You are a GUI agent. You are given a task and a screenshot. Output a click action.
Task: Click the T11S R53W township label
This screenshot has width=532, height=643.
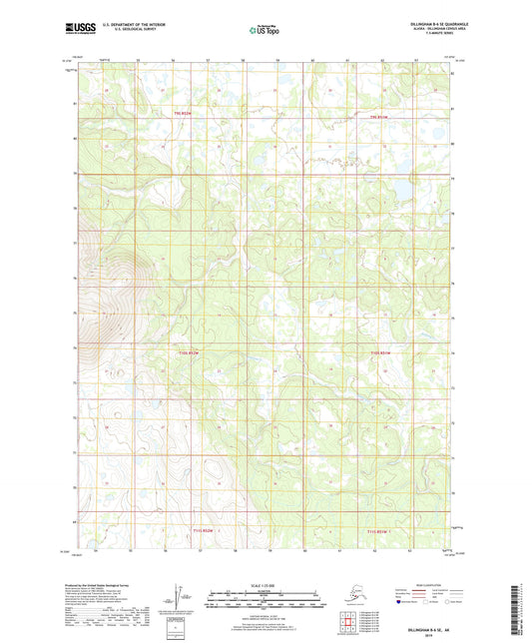[192, 531]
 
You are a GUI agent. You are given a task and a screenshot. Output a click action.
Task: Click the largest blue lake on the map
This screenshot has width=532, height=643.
[400, 187]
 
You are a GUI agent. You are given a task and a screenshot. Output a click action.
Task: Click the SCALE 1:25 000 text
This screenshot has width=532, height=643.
[266, 583]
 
